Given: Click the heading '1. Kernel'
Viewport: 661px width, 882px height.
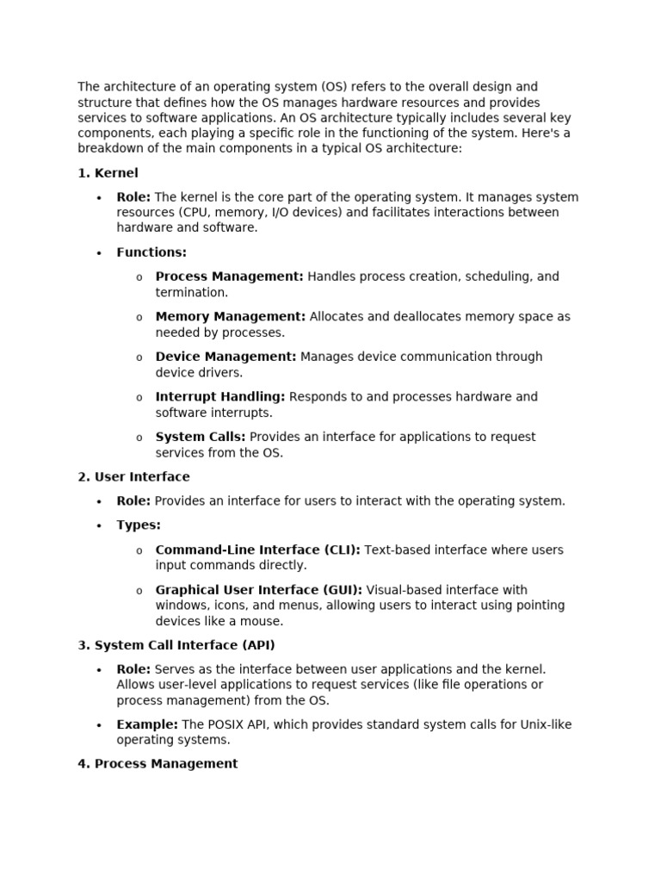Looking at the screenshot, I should click(108, 173).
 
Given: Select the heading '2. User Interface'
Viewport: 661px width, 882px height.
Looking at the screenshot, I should click(133, 476).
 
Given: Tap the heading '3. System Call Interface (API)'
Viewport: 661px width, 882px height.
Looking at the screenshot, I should click(176, 645).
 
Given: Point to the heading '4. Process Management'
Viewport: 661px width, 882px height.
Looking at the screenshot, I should click(158, 763).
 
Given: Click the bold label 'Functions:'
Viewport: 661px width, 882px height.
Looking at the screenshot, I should click(151, 252).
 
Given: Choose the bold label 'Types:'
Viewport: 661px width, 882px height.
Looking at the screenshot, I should click(139, 525).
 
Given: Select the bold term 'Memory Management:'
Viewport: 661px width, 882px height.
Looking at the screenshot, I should click(230, 317).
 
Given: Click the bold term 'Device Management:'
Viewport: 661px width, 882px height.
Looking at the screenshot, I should click(225, 357).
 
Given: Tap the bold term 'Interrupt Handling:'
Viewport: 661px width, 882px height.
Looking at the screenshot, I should click(220, 397).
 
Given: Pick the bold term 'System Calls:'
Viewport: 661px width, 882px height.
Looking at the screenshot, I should click(201, 437).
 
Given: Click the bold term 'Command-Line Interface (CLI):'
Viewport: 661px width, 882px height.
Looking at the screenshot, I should click(258, 550).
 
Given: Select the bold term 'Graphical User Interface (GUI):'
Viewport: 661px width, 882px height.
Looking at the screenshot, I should click(259, 590).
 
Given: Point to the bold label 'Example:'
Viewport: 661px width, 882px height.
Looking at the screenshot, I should click(147, 724).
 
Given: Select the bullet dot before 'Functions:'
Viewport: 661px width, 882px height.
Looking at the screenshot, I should click(99, 253).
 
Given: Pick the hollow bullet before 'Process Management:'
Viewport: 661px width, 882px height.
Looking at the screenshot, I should click(139, 277).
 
